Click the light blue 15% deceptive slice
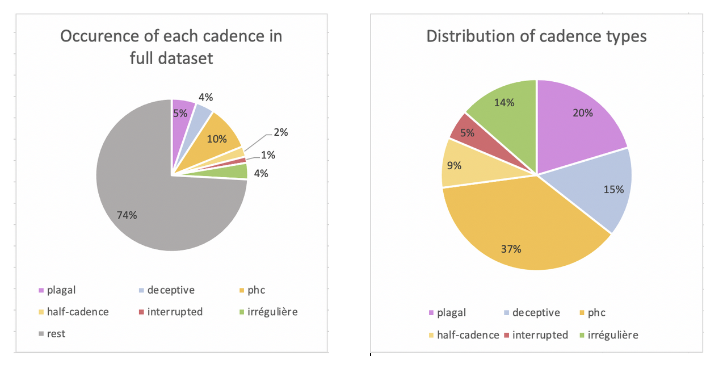[x=602, y=187]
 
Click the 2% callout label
[x=280, y=132]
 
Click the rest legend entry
[x=56, y=334]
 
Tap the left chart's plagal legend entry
[x=61, y=290]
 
